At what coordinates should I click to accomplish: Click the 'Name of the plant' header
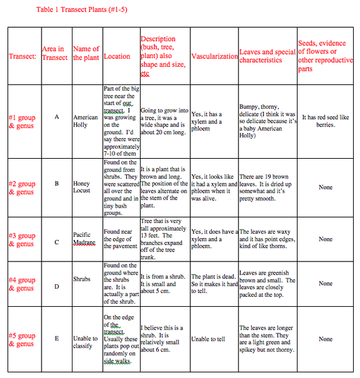click(x=86, y=53)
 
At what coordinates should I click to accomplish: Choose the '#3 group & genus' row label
click(x=22, y=239)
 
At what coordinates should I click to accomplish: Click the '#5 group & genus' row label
click(x=22, y=340)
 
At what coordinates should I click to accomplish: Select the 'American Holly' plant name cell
click(x=85, y=121)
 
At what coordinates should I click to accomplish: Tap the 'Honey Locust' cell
click(x=81, y=187)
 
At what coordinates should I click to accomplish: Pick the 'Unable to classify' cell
click(x=85, y=338)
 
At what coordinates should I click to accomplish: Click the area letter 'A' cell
click(x=56, y=117)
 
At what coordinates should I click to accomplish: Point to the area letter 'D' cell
click(x=56, y=283)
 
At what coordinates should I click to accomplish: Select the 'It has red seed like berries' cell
click(x=325, y=121)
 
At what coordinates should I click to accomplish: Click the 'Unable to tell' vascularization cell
click(x=208, y=339)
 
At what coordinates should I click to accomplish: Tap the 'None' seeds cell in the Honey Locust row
click(x=325, y=187)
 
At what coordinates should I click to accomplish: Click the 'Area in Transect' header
click(x=55, y=53)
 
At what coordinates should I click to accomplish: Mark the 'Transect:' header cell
click(x=23, y=56)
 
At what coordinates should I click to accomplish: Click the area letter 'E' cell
click(x=56, y=338)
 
